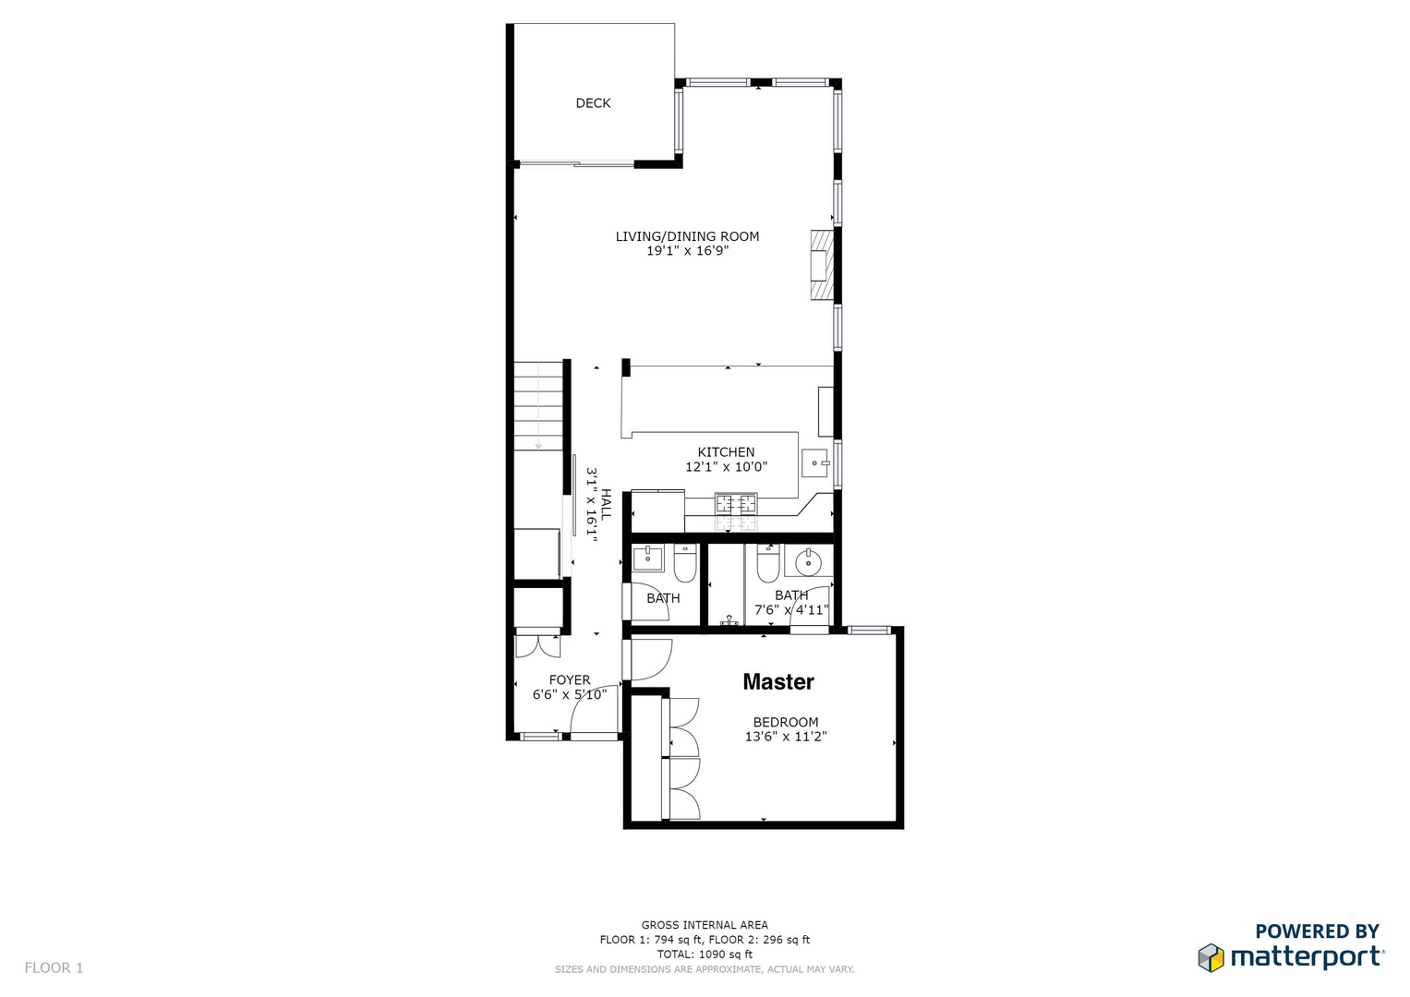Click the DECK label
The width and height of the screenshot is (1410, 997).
point(593,102)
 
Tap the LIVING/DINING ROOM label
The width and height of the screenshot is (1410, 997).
point(687,236)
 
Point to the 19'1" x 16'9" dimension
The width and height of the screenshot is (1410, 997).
point(687,250)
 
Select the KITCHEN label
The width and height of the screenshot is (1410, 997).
point(726,452)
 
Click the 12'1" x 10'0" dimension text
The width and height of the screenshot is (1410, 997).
point(726,466)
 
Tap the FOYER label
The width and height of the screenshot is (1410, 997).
point(570,679)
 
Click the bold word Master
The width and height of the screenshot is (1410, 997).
point(778,681)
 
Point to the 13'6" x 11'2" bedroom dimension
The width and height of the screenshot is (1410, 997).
point(786,736)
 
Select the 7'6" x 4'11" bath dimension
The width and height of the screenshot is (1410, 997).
point(791,609)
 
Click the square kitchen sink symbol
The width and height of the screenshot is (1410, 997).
point(816,463)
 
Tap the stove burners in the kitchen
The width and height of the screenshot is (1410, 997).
point(736,503)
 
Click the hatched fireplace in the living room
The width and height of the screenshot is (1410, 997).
point(822,264)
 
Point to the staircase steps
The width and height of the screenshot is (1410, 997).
point(538,405)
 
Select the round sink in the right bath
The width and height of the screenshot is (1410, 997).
point(808,562)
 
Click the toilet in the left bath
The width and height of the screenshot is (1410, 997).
point(684,563)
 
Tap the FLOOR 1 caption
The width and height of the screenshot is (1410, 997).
point(54,967)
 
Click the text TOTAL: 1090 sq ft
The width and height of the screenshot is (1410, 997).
point(705,955)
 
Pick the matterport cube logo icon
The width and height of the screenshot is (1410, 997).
point(1211,957)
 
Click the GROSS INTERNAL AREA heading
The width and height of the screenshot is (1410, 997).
point(705,925)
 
